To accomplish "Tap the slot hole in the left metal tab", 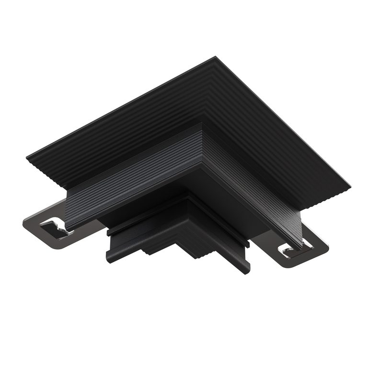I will [x=57, y=225].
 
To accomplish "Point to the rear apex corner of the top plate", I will [x=214, y=57].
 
